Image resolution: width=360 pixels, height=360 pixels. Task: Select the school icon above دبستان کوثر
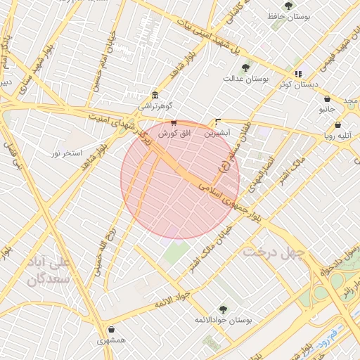tap(298, 74)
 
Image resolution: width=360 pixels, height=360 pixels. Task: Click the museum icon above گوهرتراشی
tap(155, 95)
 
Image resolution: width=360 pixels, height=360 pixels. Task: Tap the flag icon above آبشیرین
tap(217, 122)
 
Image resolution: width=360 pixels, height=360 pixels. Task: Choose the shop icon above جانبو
tap(328, 98)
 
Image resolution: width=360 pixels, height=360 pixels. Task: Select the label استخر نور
tap(67, 152)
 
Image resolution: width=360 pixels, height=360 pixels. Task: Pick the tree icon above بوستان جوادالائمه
tap(223, 309)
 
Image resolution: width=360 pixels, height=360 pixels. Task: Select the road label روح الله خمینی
tap(103, 250)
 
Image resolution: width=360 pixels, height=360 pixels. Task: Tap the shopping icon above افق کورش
tap(174, 122)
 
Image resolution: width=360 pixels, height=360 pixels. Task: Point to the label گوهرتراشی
tap(153, 106)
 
